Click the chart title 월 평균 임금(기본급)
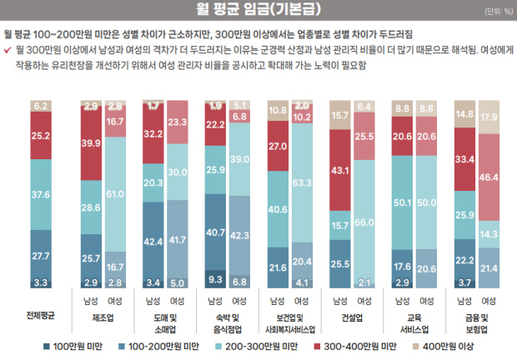pyautogui.click(x=258, y=11)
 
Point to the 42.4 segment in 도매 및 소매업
pyautogui.click(x=153, y=242)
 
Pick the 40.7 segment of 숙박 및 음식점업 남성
pyautogui.click(x=215, y=232)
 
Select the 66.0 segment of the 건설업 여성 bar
pyautogui.click(x=364, y=222)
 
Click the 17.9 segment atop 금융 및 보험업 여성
pyautogui.click(x=488, y=117)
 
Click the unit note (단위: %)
pyautogui.click(x=499, y=12)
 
